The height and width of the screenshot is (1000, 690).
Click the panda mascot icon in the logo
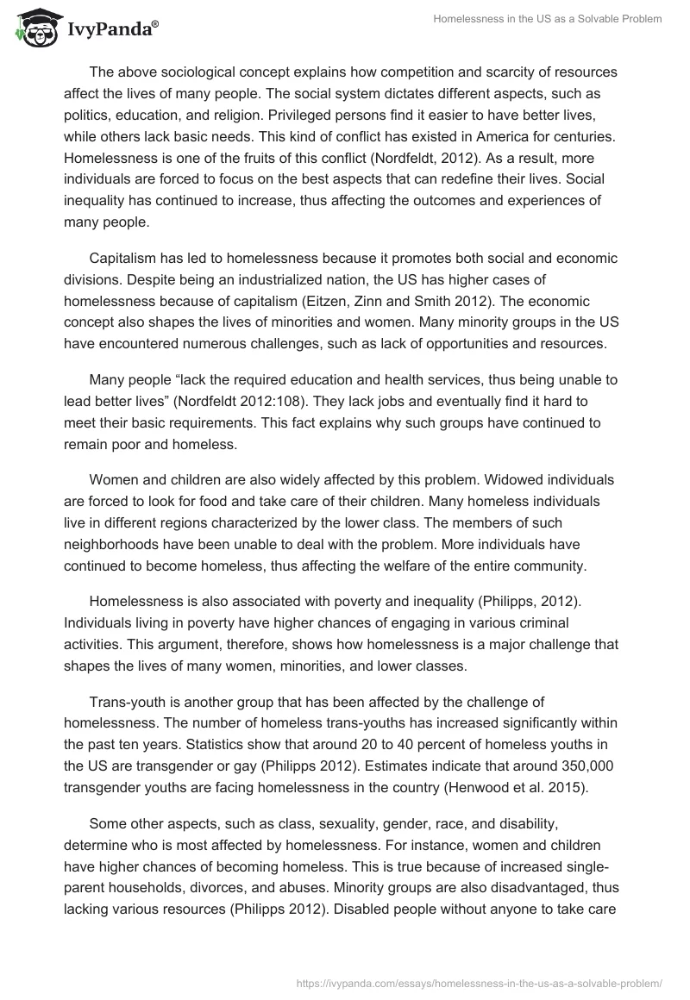[34, 28]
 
